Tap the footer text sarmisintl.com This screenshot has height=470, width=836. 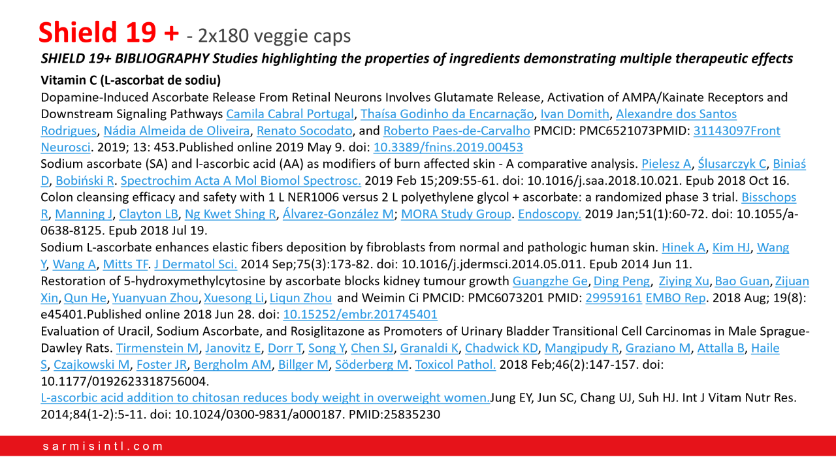click(103, 446)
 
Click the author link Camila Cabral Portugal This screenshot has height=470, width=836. click(290, 114)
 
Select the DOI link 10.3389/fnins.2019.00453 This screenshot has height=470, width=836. click(448, 147)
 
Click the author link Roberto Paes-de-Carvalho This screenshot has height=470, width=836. click(457, 131)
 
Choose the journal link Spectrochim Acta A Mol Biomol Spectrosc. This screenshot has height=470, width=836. click(241, 180)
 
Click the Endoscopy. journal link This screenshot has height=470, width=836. click(549, 213)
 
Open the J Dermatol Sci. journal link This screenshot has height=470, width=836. click(196, 264)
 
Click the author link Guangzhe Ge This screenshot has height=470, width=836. click(550, 281)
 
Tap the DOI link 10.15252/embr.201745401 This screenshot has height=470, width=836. click(360, 314)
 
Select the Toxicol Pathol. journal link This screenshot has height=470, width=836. click(455, 364)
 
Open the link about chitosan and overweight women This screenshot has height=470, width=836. click(265, 398)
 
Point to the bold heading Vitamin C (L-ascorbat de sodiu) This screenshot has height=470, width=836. click(131, 81)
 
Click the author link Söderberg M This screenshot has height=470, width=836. click(372, 364)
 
